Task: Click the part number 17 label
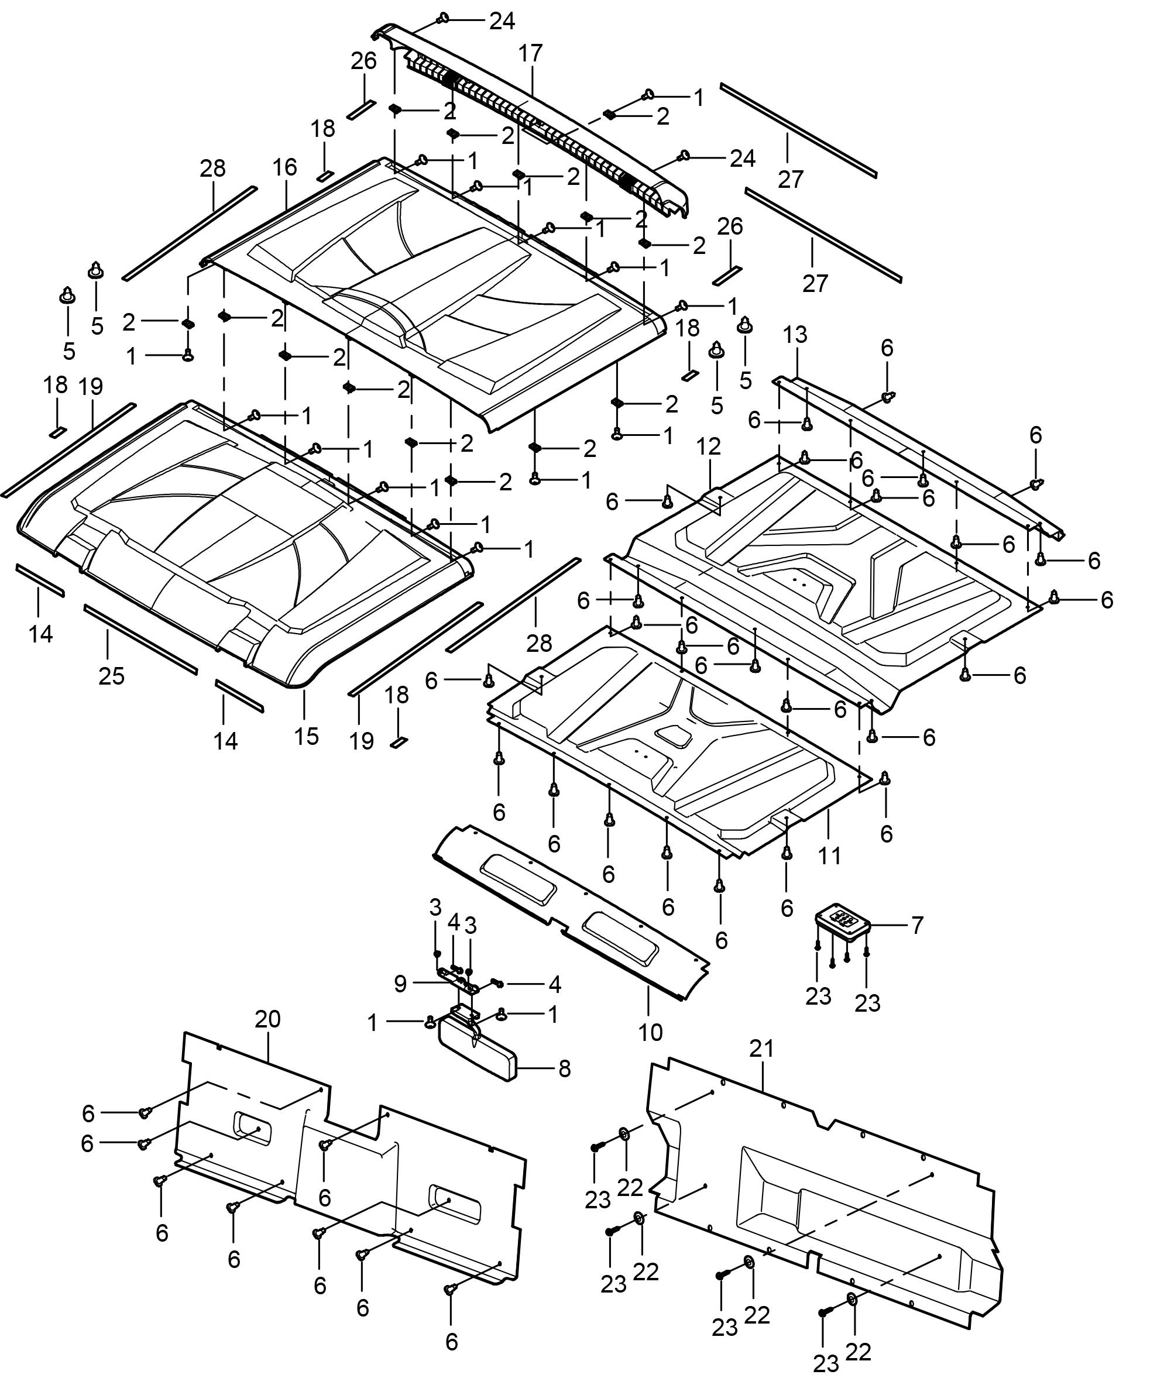[x=530, y=53]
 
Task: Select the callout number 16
[x=285, y=167]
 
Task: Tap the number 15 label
[x=307, y=736]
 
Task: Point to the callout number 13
[x=795, y=335]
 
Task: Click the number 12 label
[x=709, y=447]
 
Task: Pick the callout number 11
[x=829, y=855]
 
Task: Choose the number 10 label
[x=650, y=1032]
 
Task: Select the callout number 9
[x=400, y=984]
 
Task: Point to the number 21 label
[x=761, y=1049]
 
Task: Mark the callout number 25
[x=111, y=676]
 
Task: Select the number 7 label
[x=917, y=925]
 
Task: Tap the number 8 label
[x=564, y=1068]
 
